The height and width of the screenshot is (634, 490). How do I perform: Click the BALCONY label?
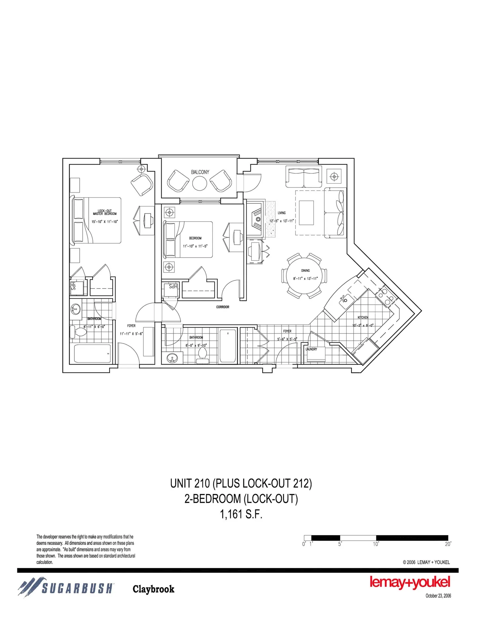pos(200,172)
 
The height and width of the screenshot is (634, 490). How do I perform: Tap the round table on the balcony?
pos(200,184)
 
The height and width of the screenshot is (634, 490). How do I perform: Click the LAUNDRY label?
pos(311,349)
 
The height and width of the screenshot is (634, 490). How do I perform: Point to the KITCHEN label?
pos(363,317)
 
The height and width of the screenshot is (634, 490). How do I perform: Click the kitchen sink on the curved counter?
pos(344,299)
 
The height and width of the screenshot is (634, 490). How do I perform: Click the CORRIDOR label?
pos(223,307)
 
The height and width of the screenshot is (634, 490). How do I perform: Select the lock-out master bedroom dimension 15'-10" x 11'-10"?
pos(104,222)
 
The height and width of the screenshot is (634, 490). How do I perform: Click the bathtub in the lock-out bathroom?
pos(92,354)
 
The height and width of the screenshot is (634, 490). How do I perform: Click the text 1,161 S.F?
pos(241,514)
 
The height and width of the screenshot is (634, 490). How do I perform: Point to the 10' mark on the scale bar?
pos(376,544)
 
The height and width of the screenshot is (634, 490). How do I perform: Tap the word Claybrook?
pos(153,589)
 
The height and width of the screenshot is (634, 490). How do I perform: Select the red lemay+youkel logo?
pos(410,582)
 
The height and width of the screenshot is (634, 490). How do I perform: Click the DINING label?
pos(305,271)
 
